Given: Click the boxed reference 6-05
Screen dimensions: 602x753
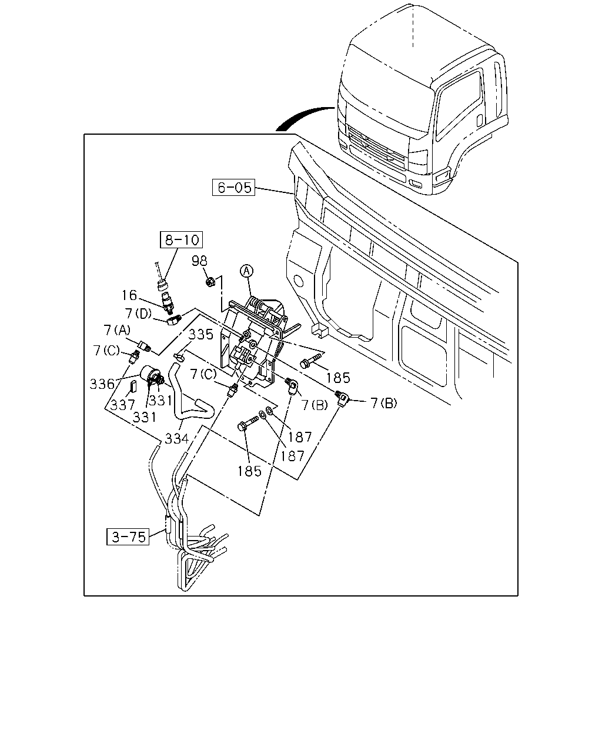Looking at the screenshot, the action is (233, 188).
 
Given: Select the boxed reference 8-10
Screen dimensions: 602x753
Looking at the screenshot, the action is (181, 239).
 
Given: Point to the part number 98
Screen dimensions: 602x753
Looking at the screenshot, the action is (199, 261).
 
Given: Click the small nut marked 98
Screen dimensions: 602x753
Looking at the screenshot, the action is (210, 281).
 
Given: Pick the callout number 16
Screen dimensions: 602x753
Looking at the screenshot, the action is (129, 295).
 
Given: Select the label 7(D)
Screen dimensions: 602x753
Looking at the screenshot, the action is (139, 314).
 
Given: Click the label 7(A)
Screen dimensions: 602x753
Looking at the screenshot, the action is (117, 330).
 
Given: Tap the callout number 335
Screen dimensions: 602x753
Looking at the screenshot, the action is (201, 335).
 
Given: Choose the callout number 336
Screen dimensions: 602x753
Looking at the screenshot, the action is (102, 384).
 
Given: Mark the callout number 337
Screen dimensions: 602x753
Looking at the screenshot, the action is (123, 405).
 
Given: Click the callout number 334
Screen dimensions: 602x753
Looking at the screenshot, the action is (177, 438).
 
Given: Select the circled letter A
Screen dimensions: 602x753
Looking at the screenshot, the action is (246, 271).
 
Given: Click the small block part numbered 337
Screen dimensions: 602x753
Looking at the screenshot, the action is (133, 387).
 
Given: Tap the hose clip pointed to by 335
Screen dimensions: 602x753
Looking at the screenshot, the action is (179, 356).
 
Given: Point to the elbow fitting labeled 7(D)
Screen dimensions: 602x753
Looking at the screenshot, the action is (173, 320).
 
